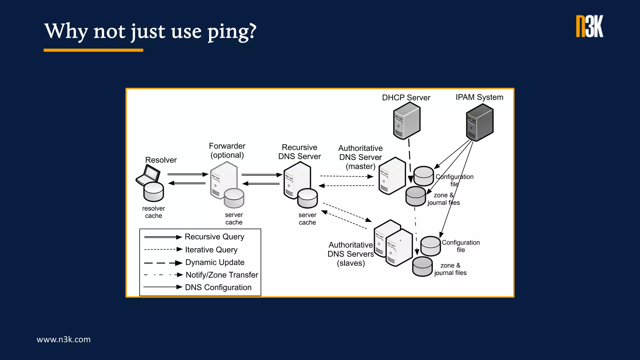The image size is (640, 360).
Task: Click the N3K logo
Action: [x=589, y=27]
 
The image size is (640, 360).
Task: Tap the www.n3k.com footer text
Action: [x=63, y=339]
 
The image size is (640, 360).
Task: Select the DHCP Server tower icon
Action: [x=406, y=121]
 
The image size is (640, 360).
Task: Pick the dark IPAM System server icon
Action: [x=479, y=123]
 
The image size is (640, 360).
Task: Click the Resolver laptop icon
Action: [x=148, y=175]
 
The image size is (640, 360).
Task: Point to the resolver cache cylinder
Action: [x=153, y=192]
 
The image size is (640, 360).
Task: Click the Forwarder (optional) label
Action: [x=227, y=151]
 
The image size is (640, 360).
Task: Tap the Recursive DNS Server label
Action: [x=299, y=152]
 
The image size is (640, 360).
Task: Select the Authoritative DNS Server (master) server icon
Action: [x=392, y=176]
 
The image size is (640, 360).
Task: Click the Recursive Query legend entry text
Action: [x=214, y=237]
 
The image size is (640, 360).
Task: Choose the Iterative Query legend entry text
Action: [x=211, y=250]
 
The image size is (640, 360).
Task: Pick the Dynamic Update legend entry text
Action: [x=215, y=262]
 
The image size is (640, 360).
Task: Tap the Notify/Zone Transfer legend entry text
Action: [x=222, y=275]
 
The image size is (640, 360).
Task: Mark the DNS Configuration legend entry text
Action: [x=218, y=287]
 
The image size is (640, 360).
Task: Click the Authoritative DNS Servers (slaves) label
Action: [x=351, y=254]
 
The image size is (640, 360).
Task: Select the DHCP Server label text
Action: [x=406, y=98]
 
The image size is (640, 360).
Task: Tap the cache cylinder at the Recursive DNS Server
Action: [x=307, y=199]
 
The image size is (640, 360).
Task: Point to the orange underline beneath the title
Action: [x=93, y=50]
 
